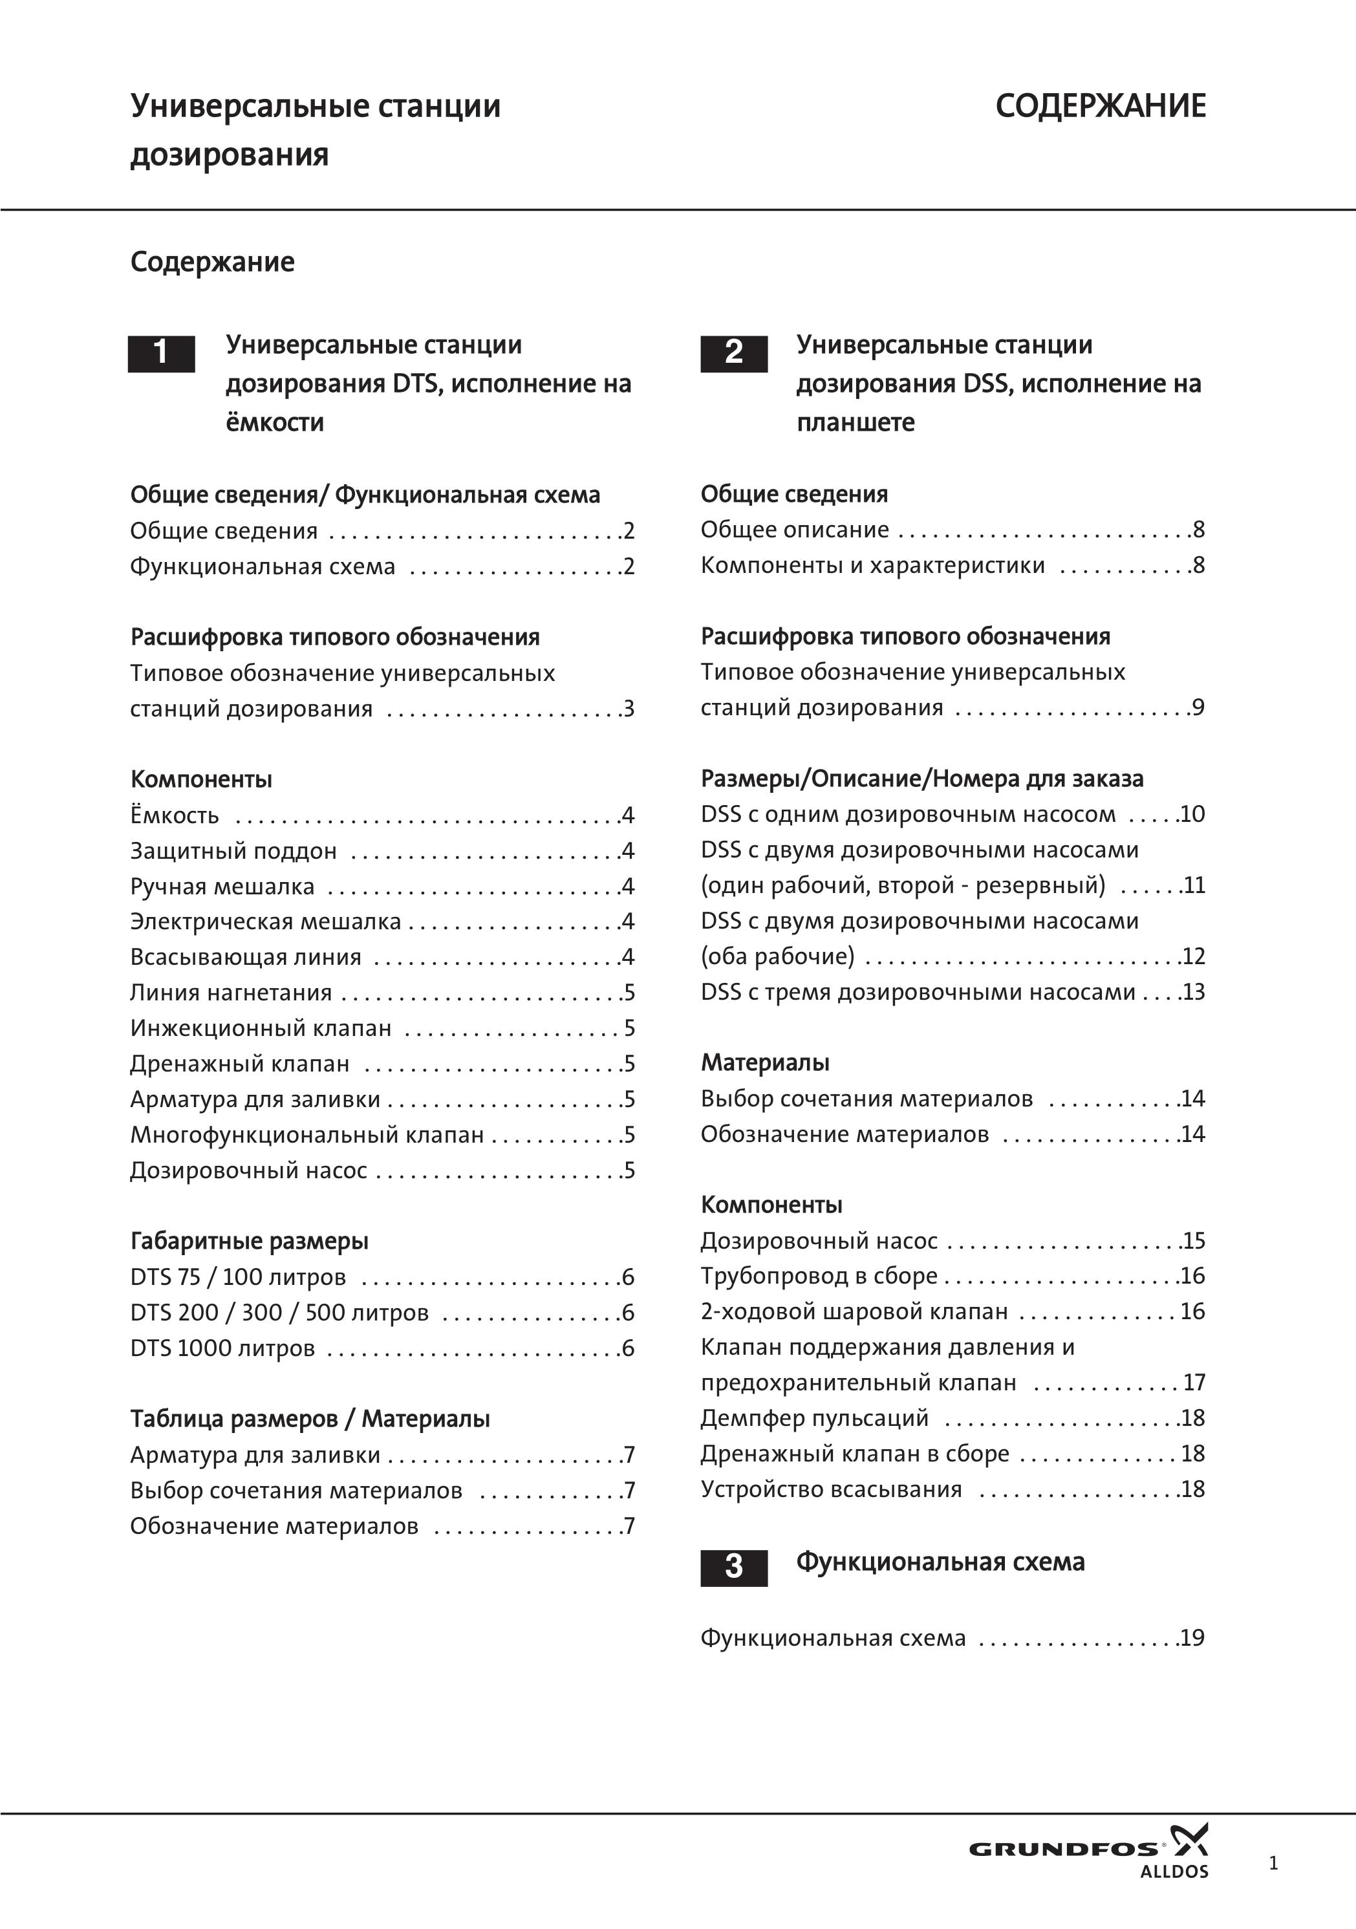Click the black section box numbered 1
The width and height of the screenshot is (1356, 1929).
click(160, 353)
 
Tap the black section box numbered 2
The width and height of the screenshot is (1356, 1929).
click(733, 353)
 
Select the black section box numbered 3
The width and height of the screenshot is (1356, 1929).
click(733, 1567)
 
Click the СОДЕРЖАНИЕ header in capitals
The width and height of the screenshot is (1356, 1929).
click(1101, 107)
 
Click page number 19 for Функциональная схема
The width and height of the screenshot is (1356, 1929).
click(1193, 1637)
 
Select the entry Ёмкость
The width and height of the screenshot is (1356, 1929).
click(175, 815)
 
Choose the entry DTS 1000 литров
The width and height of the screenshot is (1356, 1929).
click(222, 1348)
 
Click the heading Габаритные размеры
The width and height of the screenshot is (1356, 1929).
click(250, 1241)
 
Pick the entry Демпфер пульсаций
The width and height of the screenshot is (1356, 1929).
click(815, 1418)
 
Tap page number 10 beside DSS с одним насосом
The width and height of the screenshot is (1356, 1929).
click(1193, 814)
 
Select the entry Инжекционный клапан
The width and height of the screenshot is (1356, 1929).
click(261, 1028)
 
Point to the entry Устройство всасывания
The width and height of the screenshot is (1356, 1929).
click(831, 1490)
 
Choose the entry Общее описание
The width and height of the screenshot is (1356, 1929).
click(795, 530)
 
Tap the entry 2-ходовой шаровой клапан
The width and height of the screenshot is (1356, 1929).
click(854, 1311)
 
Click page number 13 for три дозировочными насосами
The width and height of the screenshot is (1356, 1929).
click(1194, 991)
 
